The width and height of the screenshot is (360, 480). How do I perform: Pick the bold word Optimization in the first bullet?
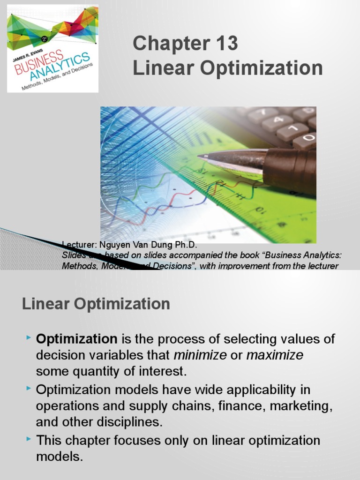click(77, 339)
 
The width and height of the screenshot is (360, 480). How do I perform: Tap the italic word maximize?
click(275, 355)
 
